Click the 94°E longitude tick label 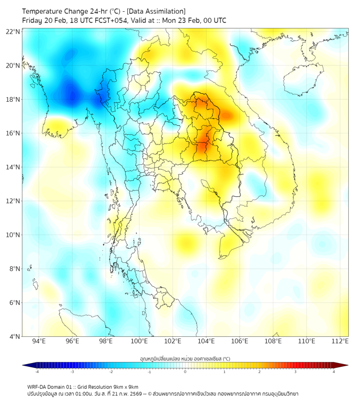(39, 341)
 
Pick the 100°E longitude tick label (140, 341)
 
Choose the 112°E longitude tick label (340, 341)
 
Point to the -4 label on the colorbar (36, 372)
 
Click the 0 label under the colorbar (185, 372)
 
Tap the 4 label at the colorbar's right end (333, 372)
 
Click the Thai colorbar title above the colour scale (185, 358)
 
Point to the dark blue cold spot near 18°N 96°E (71, 95)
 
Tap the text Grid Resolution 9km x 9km (110, 387)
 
